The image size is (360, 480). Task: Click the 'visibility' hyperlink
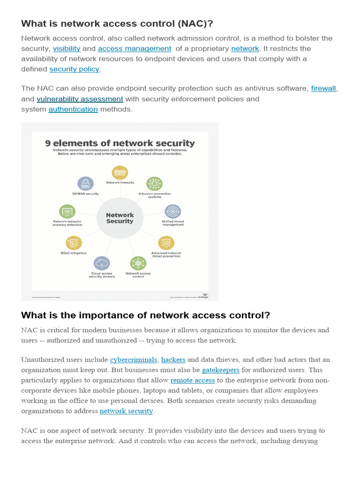coord(67,48)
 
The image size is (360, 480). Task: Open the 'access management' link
coord(135,48)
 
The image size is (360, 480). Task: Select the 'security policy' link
coord(75,69)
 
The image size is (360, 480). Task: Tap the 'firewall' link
coord(323,88)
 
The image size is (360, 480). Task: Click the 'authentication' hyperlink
coord(73,109)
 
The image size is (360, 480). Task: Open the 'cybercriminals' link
coord(134,360)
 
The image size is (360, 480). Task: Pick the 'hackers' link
coord(173,360)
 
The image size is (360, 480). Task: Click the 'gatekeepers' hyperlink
coord(221,370)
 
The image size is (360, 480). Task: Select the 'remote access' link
coord(193,380)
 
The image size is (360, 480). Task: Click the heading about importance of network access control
coord(146,315)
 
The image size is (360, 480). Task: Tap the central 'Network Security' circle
coord(120,218)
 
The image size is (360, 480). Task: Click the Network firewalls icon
coord(120,172)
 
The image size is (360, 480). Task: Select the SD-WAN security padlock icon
coord(85,183)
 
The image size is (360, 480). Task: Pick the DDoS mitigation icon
coord(74,243)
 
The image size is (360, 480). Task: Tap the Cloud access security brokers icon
coord(102,263)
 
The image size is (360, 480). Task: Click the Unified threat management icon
coord(173,211)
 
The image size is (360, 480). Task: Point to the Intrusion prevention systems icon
coord(155,183)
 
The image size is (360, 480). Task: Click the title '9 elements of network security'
coord(120,143)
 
